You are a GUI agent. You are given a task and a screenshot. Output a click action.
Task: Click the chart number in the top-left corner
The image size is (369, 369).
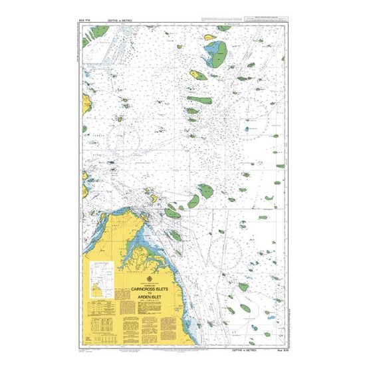click(85, 21)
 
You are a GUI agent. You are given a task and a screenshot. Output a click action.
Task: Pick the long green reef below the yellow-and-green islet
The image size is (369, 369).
click(199, 100)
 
